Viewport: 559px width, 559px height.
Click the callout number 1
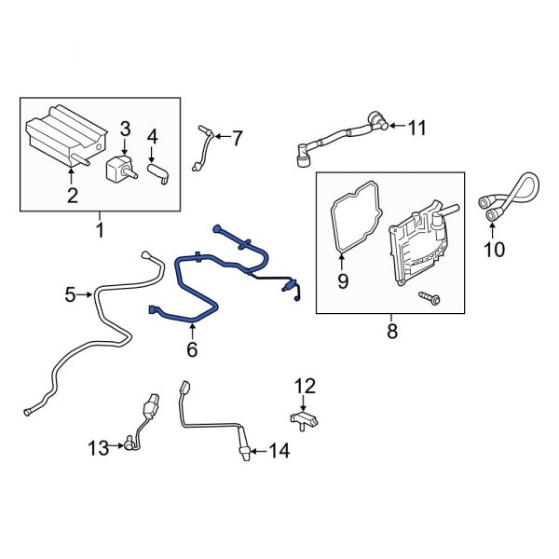pyautogui.click(x=101, y=227)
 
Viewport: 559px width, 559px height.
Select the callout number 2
pyautogui.click(x=71, y=195)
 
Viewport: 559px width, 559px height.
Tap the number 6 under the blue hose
pyautogui.click(x=192, y=349)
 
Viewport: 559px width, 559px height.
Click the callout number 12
pyautogui.click(x=306, y=385)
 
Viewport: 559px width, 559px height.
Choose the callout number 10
pyautogui.click(x=493, y=249)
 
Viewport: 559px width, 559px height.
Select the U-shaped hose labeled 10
pyautogui.click(x=508, y=197)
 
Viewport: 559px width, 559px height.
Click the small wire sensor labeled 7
pyautogui.click(x=203, y=147)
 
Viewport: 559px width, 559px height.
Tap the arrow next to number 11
pyautogui.click(x=395, y=127)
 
